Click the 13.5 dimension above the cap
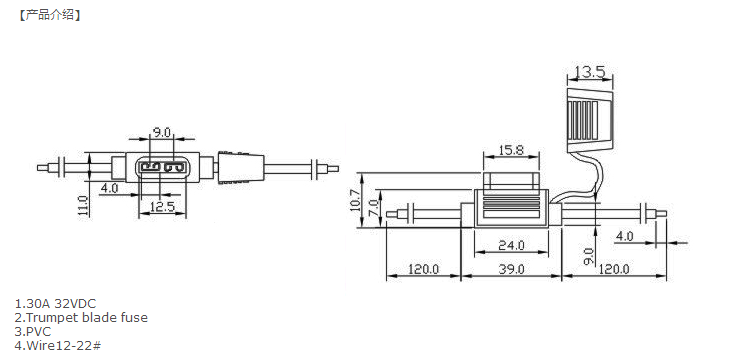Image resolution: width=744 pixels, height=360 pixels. [x=590, y=72]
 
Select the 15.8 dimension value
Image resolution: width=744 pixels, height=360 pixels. [x=511, y=150]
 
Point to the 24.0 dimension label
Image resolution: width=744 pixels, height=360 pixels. [x=511, y=245]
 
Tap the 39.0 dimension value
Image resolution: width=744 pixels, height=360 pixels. [x=511, y=269]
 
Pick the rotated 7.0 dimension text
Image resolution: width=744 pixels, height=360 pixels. [x=373, y=208]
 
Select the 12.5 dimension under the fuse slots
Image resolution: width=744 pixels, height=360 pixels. [x=162, y=206]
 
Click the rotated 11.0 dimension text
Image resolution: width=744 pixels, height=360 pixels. [x=84, y=206]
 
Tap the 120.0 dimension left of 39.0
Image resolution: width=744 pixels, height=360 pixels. [x=424, y=269]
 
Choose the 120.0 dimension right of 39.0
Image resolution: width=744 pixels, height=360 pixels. [x=613, y=269]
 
